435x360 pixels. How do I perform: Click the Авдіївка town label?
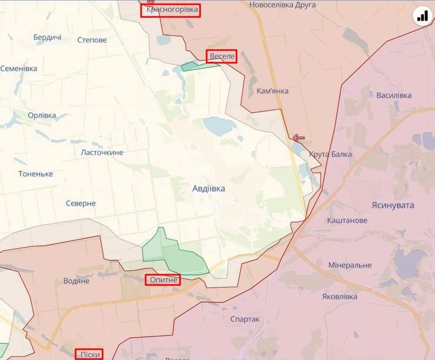pyautogui.click(x=209, y=189)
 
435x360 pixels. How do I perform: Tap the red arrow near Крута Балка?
pyautogui.click(x=299, y=139)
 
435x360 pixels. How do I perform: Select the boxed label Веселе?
pyautogui.click(x=222, y=56)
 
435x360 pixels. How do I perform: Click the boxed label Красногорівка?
pyautogui.click(x=170, y=11)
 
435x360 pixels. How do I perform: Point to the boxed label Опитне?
pyautogui.click(x=163, y=280)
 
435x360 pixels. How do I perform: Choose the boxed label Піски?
pyautogui.click(x=89, y=354)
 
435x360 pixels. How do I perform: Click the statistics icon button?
pyautogui.click(x=422, y=16)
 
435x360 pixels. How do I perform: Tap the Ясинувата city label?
pyautogui.click(x=393, y=205)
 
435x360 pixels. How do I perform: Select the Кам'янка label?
pyautogui.click(x=272, y=91)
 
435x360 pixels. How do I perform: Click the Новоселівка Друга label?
pyautogui.click(x=282, y=5)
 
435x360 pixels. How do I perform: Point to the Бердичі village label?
pyautogui.click(x=47, y=37)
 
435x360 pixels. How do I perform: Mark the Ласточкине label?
pyautogui.click(x=102, y=152)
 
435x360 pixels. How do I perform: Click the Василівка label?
pyautogui.click(x=394, y=95)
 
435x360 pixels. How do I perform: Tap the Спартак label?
pyautogui.click(x=245, y=319)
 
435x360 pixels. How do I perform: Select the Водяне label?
pyautogui.click(x=76, y=281)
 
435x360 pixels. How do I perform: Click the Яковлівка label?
pyautogui.click(x=339, y=297)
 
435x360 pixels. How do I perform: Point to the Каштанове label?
pyautogui.click(x=347, y=220)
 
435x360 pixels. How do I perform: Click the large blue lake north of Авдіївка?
pyautogui.click(x=219, y=126)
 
